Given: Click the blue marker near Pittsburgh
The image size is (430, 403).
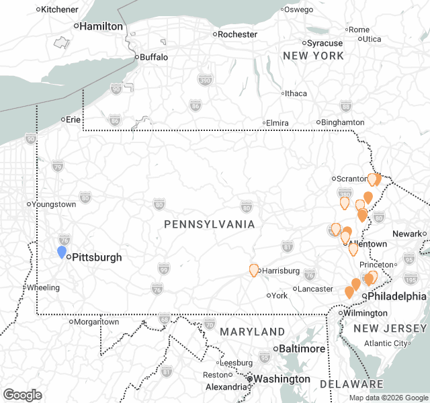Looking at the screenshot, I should (62, 252).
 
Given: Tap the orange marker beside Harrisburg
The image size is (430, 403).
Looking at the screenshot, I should (254, 270).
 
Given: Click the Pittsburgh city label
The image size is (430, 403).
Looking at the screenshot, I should (97, 257).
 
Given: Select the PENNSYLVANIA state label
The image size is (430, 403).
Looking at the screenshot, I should (210, 224).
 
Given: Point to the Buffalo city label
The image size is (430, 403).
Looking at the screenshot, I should (154, 57).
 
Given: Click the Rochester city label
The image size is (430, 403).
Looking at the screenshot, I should (238, 34).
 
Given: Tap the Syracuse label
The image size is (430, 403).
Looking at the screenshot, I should (325, 43).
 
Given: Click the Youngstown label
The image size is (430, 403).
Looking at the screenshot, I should (54, 204).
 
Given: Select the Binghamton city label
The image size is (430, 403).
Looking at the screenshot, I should (343, 122).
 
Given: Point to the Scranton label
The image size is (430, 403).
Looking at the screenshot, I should (351, 179).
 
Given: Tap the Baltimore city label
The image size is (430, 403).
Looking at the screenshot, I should (301, 349).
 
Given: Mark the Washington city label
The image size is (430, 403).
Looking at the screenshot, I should (282, 379).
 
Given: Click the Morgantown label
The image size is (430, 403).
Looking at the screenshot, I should (97, 322).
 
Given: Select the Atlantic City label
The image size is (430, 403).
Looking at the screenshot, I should (385, 343).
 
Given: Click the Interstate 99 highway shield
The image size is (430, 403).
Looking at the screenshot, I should (163, 268).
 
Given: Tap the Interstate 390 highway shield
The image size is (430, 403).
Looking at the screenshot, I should (205, 80).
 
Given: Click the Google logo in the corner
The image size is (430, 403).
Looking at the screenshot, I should (22, 395).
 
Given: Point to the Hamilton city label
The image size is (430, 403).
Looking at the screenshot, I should (101, 26).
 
